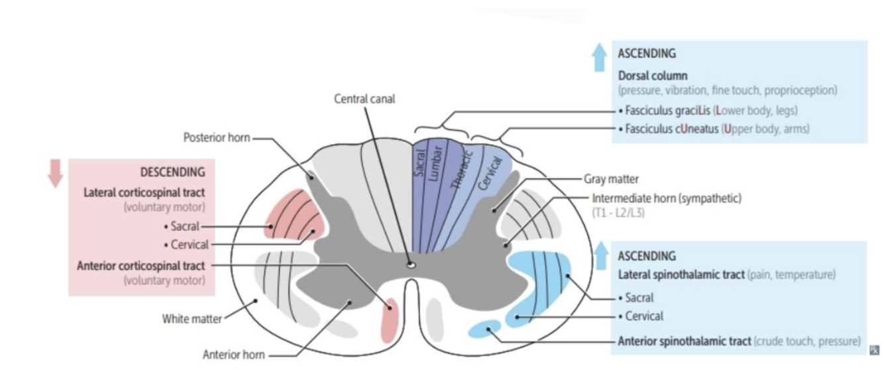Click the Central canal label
(364, 99)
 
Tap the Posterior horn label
(216, 138)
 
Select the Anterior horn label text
(233, 355)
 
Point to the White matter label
(192, 319)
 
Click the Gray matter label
(611, 179)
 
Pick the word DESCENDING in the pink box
(172, 172)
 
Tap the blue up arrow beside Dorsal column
(599, 58)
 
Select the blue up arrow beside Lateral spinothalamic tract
(600, 255)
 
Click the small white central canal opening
(411, 265)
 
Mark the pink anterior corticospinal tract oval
(390, 320)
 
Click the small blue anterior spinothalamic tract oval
(484, 328)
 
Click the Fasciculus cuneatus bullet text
(716, 129)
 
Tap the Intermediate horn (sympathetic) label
(667, 198)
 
